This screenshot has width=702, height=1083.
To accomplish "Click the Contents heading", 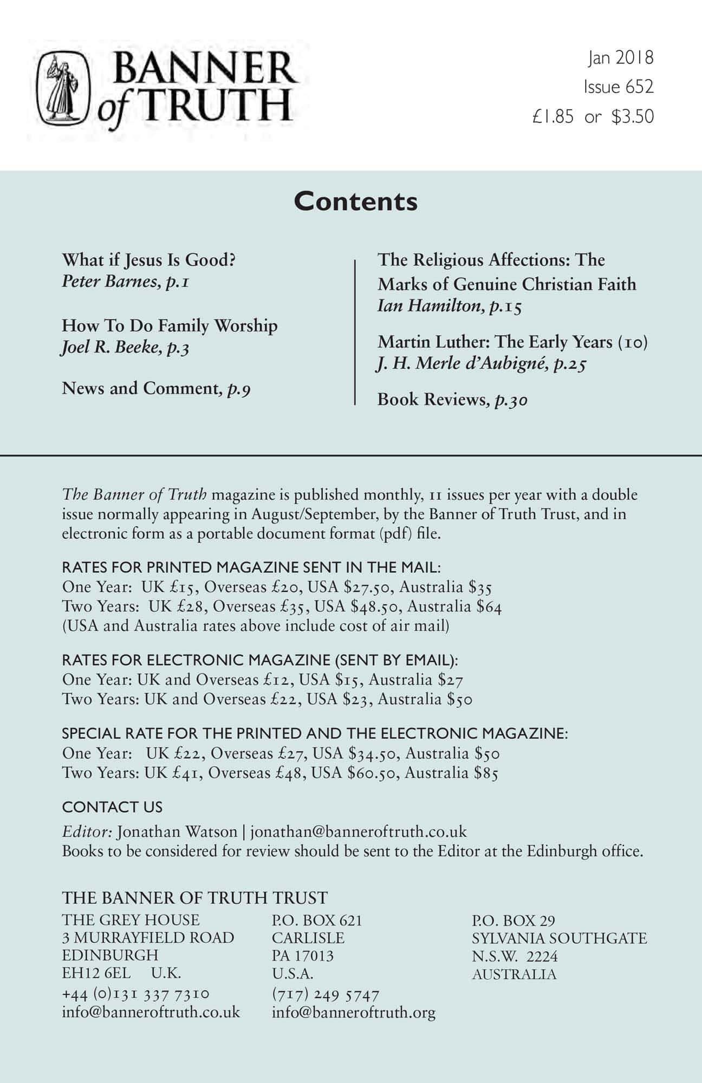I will [x=356, y=201].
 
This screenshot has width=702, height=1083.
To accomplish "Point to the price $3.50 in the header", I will [x=632, y=116].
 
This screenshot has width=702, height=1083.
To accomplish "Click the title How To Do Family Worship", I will [x=170, y=325].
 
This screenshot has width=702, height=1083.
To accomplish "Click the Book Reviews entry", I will [x=431, y=400].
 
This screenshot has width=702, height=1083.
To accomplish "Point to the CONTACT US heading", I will [x=112, y=807].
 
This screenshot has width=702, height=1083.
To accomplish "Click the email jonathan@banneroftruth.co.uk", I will [x=358, y=831].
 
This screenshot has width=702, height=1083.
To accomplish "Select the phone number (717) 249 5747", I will [x=326, y=994].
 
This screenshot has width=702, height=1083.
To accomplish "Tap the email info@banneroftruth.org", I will [x=353, y=1012].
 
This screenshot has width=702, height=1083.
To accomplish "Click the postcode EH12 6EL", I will [x=96, y=973].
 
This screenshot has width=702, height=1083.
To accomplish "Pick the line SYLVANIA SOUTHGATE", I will [x=559, y=938].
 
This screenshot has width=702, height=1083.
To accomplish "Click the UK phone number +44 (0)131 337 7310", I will [x=135, y=994].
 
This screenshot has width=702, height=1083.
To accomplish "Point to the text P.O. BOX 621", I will [x=317, y=920].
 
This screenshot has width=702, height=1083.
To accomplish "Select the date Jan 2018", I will [x=621, y=57].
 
